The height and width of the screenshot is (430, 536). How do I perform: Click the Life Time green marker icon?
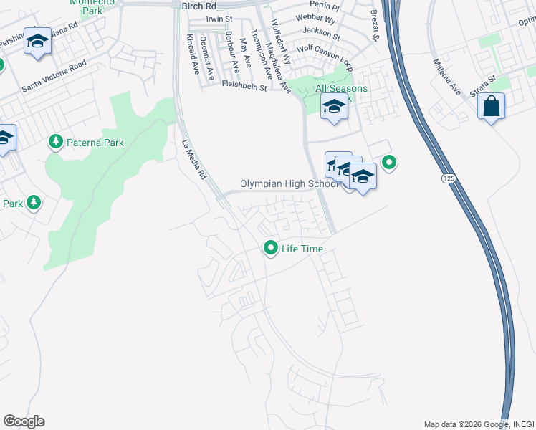pyautogui.click(x=271, y=248)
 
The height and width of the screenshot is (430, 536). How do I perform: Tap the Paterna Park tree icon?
pyautogui.click(x=56, y=143)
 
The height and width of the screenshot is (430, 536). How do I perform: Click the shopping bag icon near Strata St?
pyautogui.click(x=491, y=107)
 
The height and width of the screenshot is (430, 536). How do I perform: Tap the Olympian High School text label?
pyautogui.click(x=289, y=184)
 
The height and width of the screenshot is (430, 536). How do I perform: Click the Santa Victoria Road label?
pyautogui.click(x=54, y=75)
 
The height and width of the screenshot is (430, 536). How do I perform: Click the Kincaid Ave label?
pyautogui.click(x=192, y=54)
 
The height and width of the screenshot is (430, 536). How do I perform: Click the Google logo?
pyautogui.click(x=24, y=421)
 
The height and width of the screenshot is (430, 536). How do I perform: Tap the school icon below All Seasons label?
pyautogui.click(x=333, y=107)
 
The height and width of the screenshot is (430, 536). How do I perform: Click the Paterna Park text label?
pyautogui.click(x=95, y=143)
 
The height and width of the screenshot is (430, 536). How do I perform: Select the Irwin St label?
pyautogui.click(x=220, y=19)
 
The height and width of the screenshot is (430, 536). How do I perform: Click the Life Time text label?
pyautogui.click(x=302, y=249)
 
